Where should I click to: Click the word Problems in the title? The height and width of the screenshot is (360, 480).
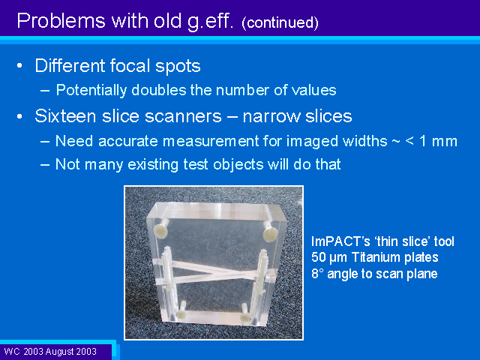tap(61, 21)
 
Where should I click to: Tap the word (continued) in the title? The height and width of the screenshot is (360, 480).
tap(280, 22)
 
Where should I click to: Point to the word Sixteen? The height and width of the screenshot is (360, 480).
tap(65, 116)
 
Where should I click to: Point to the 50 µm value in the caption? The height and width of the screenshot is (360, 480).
tap(329, 257)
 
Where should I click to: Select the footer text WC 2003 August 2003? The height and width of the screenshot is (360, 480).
tap(50, 352)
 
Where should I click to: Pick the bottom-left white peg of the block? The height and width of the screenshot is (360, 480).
tap(182, 310)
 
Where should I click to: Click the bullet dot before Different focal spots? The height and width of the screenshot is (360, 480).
tap(20, 66)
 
